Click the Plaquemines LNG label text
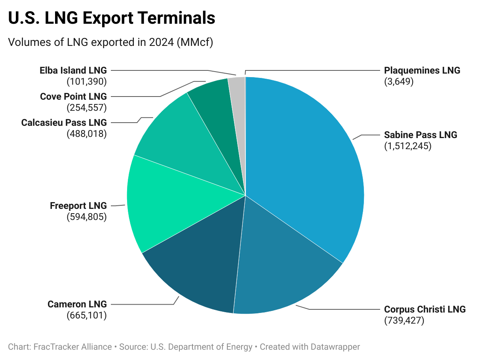[422, 70]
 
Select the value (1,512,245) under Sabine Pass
[407, 146]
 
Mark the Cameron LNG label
[77, 304]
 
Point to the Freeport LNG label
[78, 206]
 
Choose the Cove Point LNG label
[73, 97]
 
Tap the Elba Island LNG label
[73, 70]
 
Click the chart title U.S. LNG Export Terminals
[112, 18]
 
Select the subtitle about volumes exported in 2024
[110, 42]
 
